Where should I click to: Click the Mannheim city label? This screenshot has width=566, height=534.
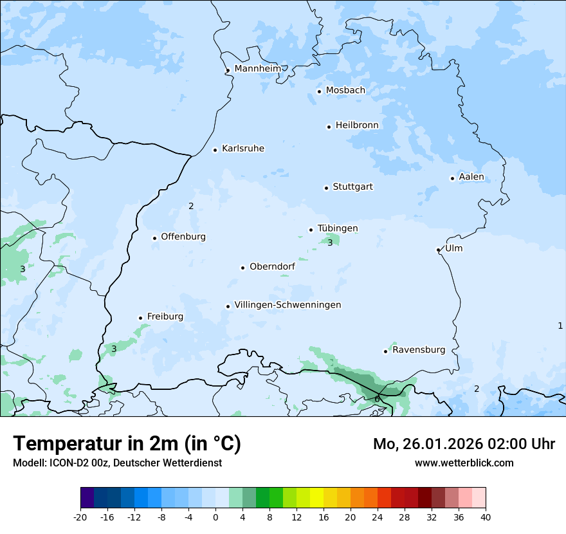point(257,68)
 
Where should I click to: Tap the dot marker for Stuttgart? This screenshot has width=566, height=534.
point(326,188)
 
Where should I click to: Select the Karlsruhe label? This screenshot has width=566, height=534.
point(242,149)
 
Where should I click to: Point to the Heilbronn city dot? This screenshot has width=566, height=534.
point(329,127)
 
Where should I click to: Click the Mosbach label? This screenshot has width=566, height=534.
point(345,91)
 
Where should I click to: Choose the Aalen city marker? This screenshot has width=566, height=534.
point(452,178)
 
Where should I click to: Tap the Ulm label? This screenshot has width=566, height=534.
point(453,248)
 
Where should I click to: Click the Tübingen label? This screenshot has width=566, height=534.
point(338,228)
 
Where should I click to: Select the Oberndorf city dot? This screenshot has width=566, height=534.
point(242,268)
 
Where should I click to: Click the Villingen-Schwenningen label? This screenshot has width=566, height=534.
point(288,305)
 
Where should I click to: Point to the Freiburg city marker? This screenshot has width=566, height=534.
point(140,318)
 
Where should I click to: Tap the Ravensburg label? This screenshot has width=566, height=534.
point(419,350)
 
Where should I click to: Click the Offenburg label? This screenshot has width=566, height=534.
point(183,237)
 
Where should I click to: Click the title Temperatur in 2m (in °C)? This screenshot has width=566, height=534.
point(127,444)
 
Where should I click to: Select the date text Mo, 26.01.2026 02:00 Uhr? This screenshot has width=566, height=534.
point(464,444)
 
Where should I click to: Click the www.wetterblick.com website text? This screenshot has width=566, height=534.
point(464,463)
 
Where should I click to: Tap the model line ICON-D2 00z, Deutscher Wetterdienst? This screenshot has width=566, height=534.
point(117,463)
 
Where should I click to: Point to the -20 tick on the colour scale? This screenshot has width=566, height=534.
point(80,517)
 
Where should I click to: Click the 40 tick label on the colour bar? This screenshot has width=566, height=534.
point(486,517)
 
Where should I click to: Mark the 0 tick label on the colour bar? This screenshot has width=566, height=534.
point(215,517)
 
